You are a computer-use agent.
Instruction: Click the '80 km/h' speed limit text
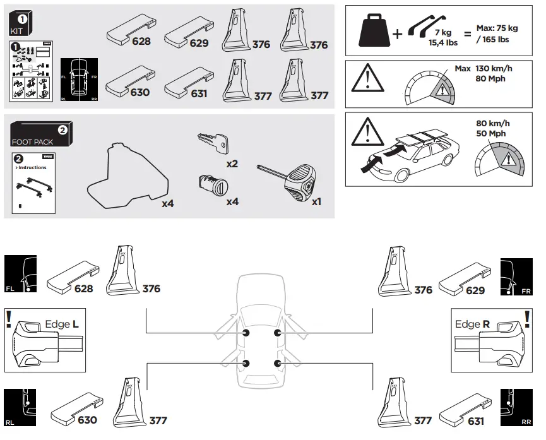click(x=493, y=124)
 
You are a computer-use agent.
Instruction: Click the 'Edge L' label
click(x=62, y=324)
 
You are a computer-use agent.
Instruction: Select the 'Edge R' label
click(x=473, y=324)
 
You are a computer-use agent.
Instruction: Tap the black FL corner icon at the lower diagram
click(x=20, y=275)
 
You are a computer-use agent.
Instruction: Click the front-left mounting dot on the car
click(x=246, y=333)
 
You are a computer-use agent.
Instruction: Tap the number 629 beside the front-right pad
click(x=475, y=290)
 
